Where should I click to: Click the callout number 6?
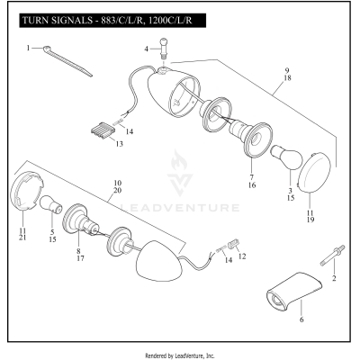(x=301, y=319)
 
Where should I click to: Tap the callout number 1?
(x=28, y=47)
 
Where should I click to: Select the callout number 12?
(x=241, y=255)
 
